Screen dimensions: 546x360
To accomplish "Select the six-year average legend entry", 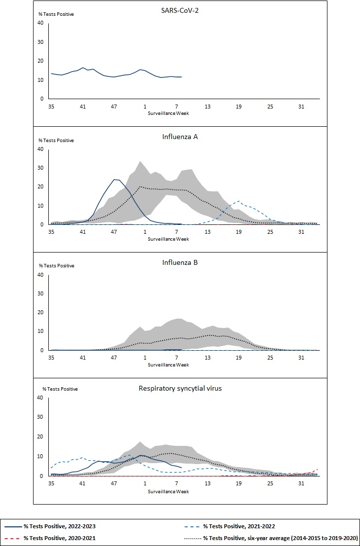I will (280, 539).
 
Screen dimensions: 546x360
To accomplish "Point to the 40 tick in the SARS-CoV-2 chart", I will (41, 23).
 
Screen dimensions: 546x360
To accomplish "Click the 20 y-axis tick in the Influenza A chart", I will (41, 187).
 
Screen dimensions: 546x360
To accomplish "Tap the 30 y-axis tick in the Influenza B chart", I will (41, 293).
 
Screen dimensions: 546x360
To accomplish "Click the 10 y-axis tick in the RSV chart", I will (41, 457).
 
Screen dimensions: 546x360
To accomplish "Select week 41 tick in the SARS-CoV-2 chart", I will (82, 107).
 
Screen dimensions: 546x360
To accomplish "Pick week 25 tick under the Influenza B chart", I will (270, 358).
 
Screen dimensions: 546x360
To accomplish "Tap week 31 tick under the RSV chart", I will (301, 484).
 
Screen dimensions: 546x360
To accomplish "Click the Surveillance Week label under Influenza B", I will (169, 365).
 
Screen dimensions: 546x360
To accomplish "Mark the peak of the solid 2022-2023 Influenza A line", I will (115, 180).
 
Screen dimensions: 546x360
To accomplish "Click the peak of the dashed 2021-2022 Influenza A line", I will (239, 201).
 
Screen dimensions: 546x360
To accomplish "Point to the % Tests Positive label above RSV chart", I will (60, 389).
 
